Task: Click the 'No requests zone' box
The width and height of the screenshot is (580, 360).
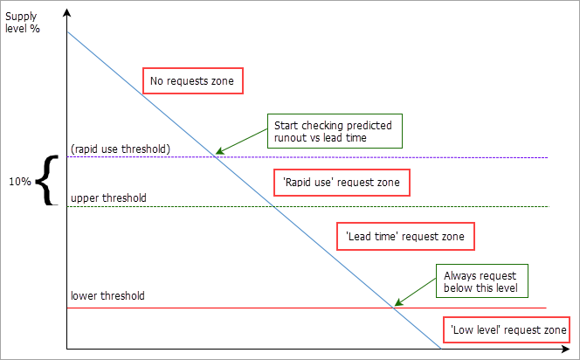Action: coord(192,81)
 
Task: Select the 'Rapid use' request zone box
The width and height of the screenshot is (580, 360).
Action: coord(342,182)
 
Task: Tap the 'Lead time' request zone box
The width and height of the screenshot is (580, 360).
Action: coord(405,235)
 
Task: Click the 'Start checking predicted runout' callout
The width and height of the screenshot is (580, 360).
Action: coord(333,131)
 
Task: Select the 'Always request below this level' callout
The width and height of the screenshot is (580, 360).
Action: coord(481,280)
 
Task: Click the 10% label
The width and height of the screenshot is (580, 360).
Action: coord(21,181)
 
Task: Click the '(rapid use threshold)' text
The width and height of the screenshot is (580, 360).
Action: coord(120,148)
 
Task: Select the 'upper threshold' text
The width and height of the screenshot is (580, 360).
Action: coord(107,198)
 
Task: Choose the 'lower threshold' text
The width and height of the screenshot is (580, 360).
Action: coord(107,295)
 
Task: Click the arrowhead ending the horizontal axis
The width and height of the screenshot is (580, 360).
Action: coord(570,350)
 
